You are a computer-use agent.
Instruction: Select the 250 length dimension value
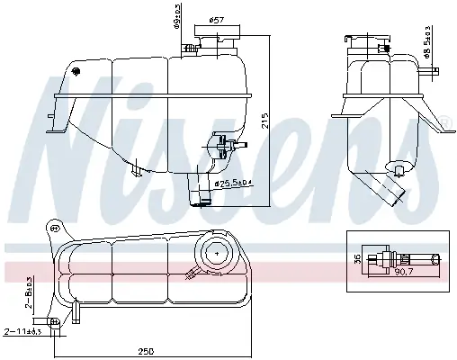pos(146,351)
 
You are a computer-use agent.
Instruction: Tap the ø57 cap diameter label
pos(216,20)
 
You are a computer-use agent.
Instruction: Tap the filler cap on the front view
pos(216,45)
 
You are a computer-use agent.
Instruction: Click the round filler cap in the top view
pos(216,252)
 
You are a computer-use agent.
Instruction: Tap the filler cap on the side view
pos(369,44)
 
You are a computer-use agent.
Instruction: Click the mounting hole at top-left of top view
pos(56,229)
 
